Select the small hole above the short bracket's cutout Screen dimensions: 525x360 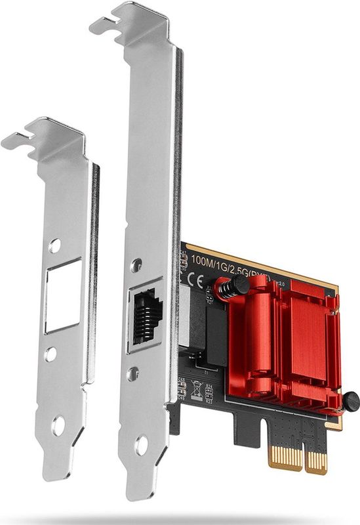(x=54, y=246)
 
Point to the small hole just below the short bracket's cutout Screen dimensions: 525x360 (x=50, y=354)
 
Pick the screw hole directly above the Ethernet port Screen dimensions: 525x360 (x=136, y=266)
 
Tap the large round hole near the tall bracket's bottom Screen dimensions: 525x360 (x=141, y=446)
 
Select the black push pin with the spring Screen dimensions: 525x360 (x=227, y=286)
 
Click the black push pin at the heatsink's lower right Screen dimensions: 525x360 (x=351, y=399)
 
